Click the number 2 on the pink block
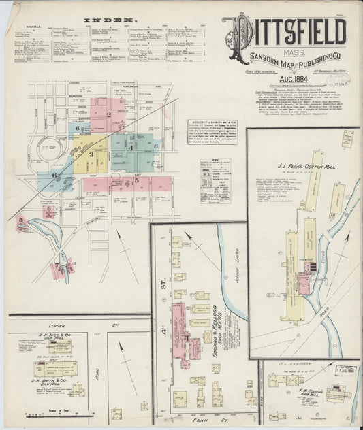[x=108, y=114]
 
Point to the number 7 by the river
[x=57, y=267]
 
